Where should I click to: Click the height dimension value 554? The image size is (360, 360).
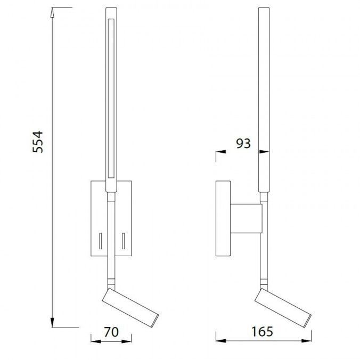click(39, 143)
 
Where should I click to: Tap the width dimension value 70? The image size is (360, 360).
click(110, 332)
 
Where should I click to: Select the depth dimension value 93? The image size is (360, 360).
click(243, 143)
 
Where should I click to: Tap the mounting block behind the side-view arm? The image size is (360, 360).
click(247, 218)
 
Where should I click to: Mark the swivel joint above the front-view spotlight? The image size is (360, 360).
click(111, 280)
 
